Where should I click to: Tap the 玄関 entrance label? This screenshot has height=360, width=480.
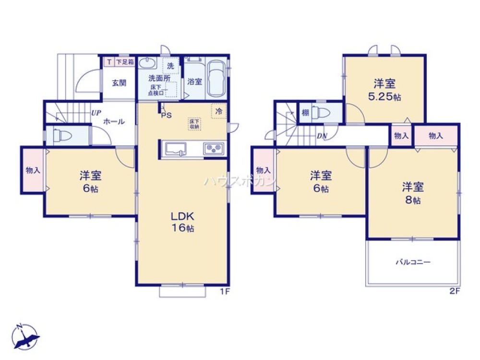coord(119,83)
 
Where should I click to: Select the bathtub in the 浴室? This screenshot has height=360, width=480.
coord(217,80)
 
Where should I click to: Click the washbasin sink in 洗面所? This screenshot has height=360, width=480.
coord(147,63)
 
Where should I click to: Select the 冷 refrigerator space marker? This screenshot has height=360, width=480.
coord(219,111)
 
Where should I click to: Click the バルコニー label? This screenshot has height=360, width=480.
coord(413,263)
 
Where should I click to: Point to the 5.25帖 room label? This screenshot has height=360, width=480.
coord(384,90)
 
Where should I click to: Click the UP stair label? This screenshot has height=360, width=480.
coord(96,114)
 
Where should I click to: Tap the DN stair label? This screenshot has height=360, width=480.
coord(322,136)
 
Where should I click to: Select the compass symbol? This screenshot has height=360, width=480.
coord(26,336)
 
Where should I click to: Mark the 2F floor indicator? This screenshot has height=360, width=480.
coord(455,291)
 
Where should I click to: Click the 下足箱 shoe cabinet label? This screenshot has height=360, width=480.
coord(125,62)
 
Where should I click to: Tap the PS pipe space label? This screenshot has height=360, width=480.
coord(166,115)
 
